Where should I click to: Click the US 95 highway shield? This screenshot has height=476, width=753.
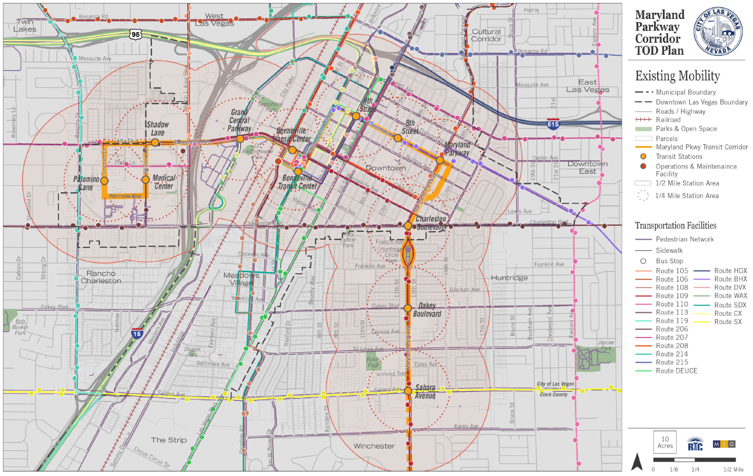click(x=136, y=34)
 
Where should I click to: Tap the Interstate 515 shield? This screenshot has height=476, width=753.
click(x=553, y=124)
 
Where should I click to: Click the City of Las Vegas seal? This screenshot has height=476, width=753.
click(x=718, y=32)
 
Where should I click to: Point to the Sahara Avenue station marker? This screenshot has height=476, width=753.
click(x=408, y=391)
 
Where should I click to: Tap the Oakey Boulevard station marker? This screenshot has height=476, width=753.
click(x=408, y=308)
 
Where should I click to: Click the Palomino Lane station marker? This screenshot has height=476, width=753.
click(x=104, y=181)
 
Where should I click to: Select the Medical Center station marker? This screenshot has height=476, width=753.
click(x=145, y=180)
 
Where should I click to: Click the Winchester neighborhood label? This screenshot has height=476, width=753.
click(x=374, y=446)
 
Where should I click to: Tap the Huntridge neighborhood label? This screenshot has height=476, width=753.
click(x=509, y=277)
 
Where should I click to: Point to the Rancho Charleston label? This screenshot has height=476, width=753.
click(x=101, y=277)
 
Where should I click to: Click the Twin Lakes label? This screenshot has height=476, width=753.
click(x=25, y=26)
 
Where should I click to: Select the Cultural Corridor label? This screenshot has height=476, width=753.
click(x=486, y=35)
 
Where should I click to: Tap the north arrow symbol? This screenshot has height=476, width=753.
click(x=637, y=462)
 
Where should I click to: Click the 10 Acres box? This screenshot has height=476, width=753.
click(x=665, y=442)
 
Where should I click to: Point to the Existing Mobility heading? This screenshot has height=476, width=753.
click(x=677, y=76)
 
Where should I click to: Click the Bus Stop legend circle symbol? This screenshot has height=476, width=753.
click(x=643, y=261)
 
